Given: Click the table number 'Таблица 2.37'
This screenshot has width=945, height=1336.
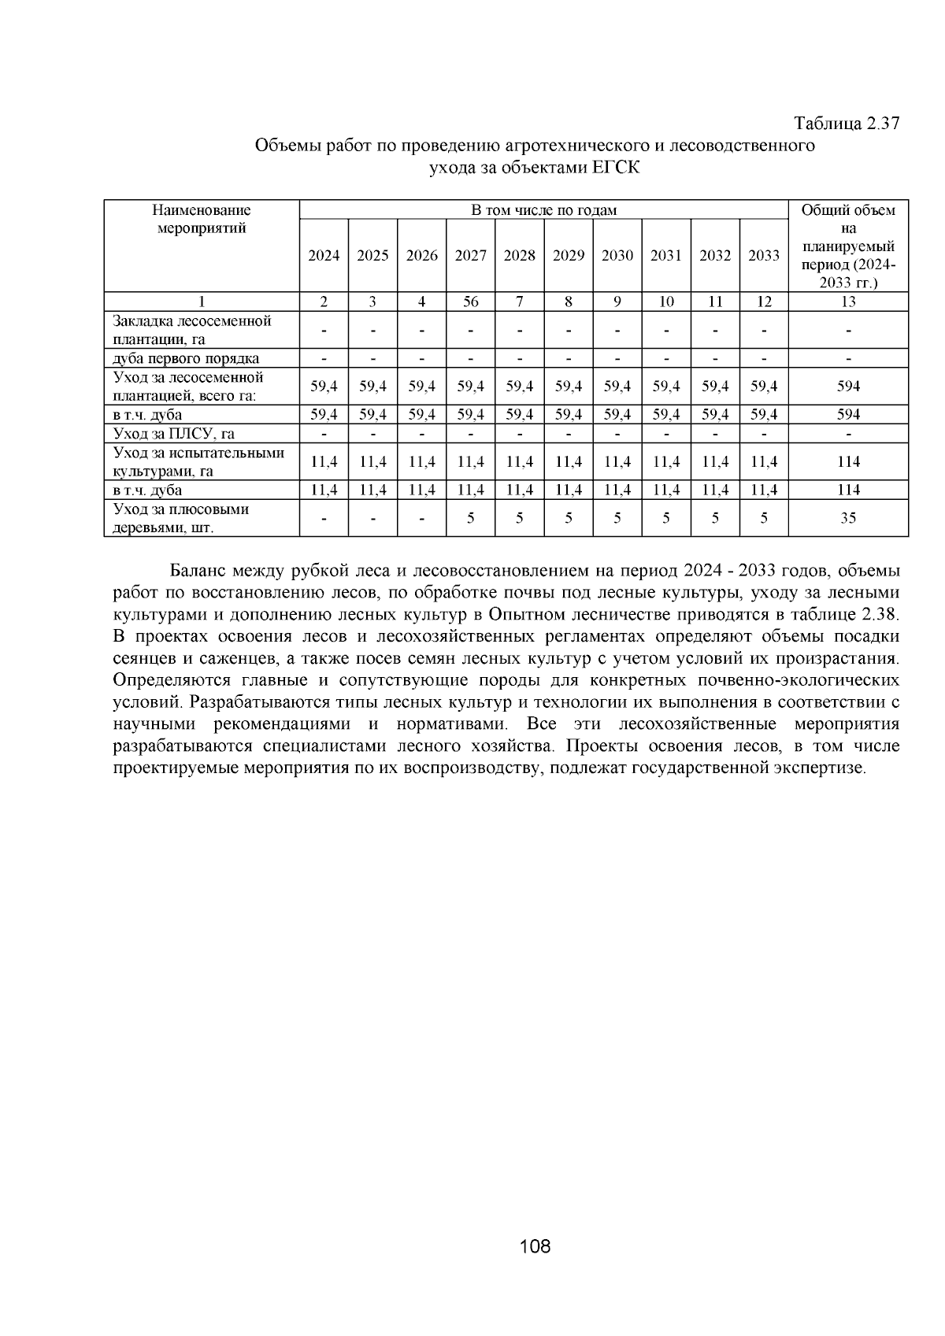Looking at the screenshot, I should pos(846,124).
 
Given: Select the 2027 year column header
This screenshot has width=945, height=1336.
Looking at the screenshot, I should pos(470,255).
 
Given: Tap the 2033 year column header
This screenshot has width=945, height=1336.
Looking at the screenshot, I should pos(763,255).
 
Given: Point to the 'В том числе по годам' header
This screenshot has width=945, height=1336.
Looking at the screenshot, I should pos(543,210).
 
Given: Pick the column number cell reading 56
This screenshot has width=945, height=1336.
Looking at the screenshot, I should pos(470,302).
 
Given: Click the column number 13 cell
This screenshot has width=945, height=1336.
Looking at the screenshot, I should pos(848,302).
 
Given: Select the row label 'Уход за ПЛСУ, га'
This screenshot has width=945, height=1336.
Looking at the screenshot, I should pos(173,434).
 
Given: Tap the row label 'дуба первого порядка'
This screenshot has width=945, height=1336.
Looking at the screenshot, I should pos(186,359).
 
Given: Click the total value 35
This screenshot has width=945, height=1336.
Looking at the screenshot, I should pos(848,518).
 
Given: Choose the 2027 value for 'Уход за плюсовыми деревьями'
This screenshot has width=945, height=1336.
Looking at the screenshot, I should pos(470,518).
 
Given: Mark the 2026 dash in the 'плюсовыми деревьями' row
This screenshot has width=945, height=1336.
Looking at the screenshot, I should pos(421,518).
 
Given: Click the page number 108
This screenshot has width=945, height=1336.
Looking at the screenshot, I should pos(535,1246).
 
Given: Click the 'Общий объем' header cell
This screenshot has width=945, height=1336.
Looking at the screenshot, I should pos(848,210).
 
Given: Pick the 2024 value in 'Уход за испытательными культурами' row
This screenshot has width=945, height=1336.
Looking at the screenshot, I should pos(324,462).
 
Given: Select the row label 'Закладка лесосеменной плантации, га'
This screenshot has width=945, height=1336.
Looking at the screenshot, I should pos(191,331).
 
